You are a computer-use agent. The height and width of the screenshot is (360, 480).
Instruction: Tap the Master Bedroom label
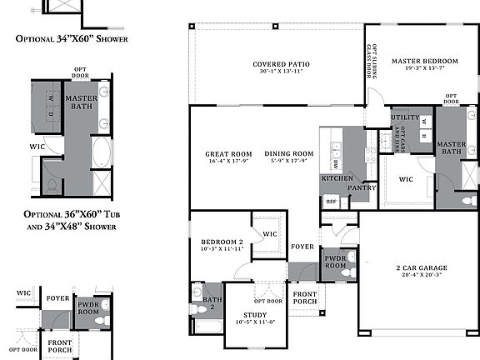(x=425, y=61)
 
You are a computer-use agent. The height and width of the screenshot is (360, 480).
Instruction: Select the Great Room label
(x=228, y=153)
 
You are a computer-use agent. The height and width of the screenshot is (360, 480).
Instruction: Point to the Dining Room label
(x=289, y=153)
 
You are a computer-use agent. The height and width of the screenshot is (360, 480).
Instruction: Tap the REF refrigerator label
(x=331, y=202)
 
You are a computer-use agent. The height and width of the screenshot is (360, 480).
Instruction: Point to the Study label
(x=256, y=314)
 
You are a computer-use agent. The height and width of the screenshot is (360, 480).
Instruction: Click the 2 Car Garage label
(x=421, y=268)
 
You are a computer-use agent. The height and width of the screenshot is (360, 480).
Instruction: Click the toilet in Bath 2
(x=200, y=309)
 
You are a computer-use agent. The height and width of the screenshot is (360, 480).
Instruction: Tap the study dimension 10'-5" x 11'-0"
(x=256, y=322)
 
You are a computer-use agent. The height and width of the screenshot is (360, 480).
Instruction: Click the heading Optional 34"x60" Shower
(x=71, y=37)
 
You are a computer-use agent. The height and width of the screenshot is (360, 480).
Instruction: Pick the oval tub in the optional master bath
(x=102, y=152)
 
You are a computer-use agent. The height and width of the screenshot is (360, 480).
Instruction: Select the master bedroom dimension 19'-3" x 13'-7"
(x=425, y=69)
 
